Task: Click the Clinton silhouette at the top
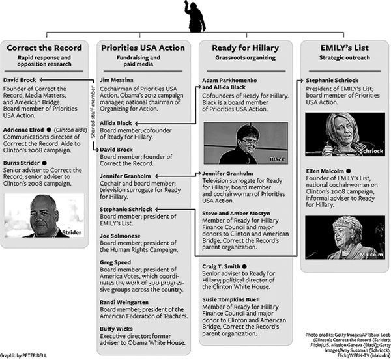196,16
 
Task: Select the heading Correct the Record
44,48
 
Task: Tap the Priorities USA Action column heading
143,48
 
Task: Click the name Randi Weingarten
124,302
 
